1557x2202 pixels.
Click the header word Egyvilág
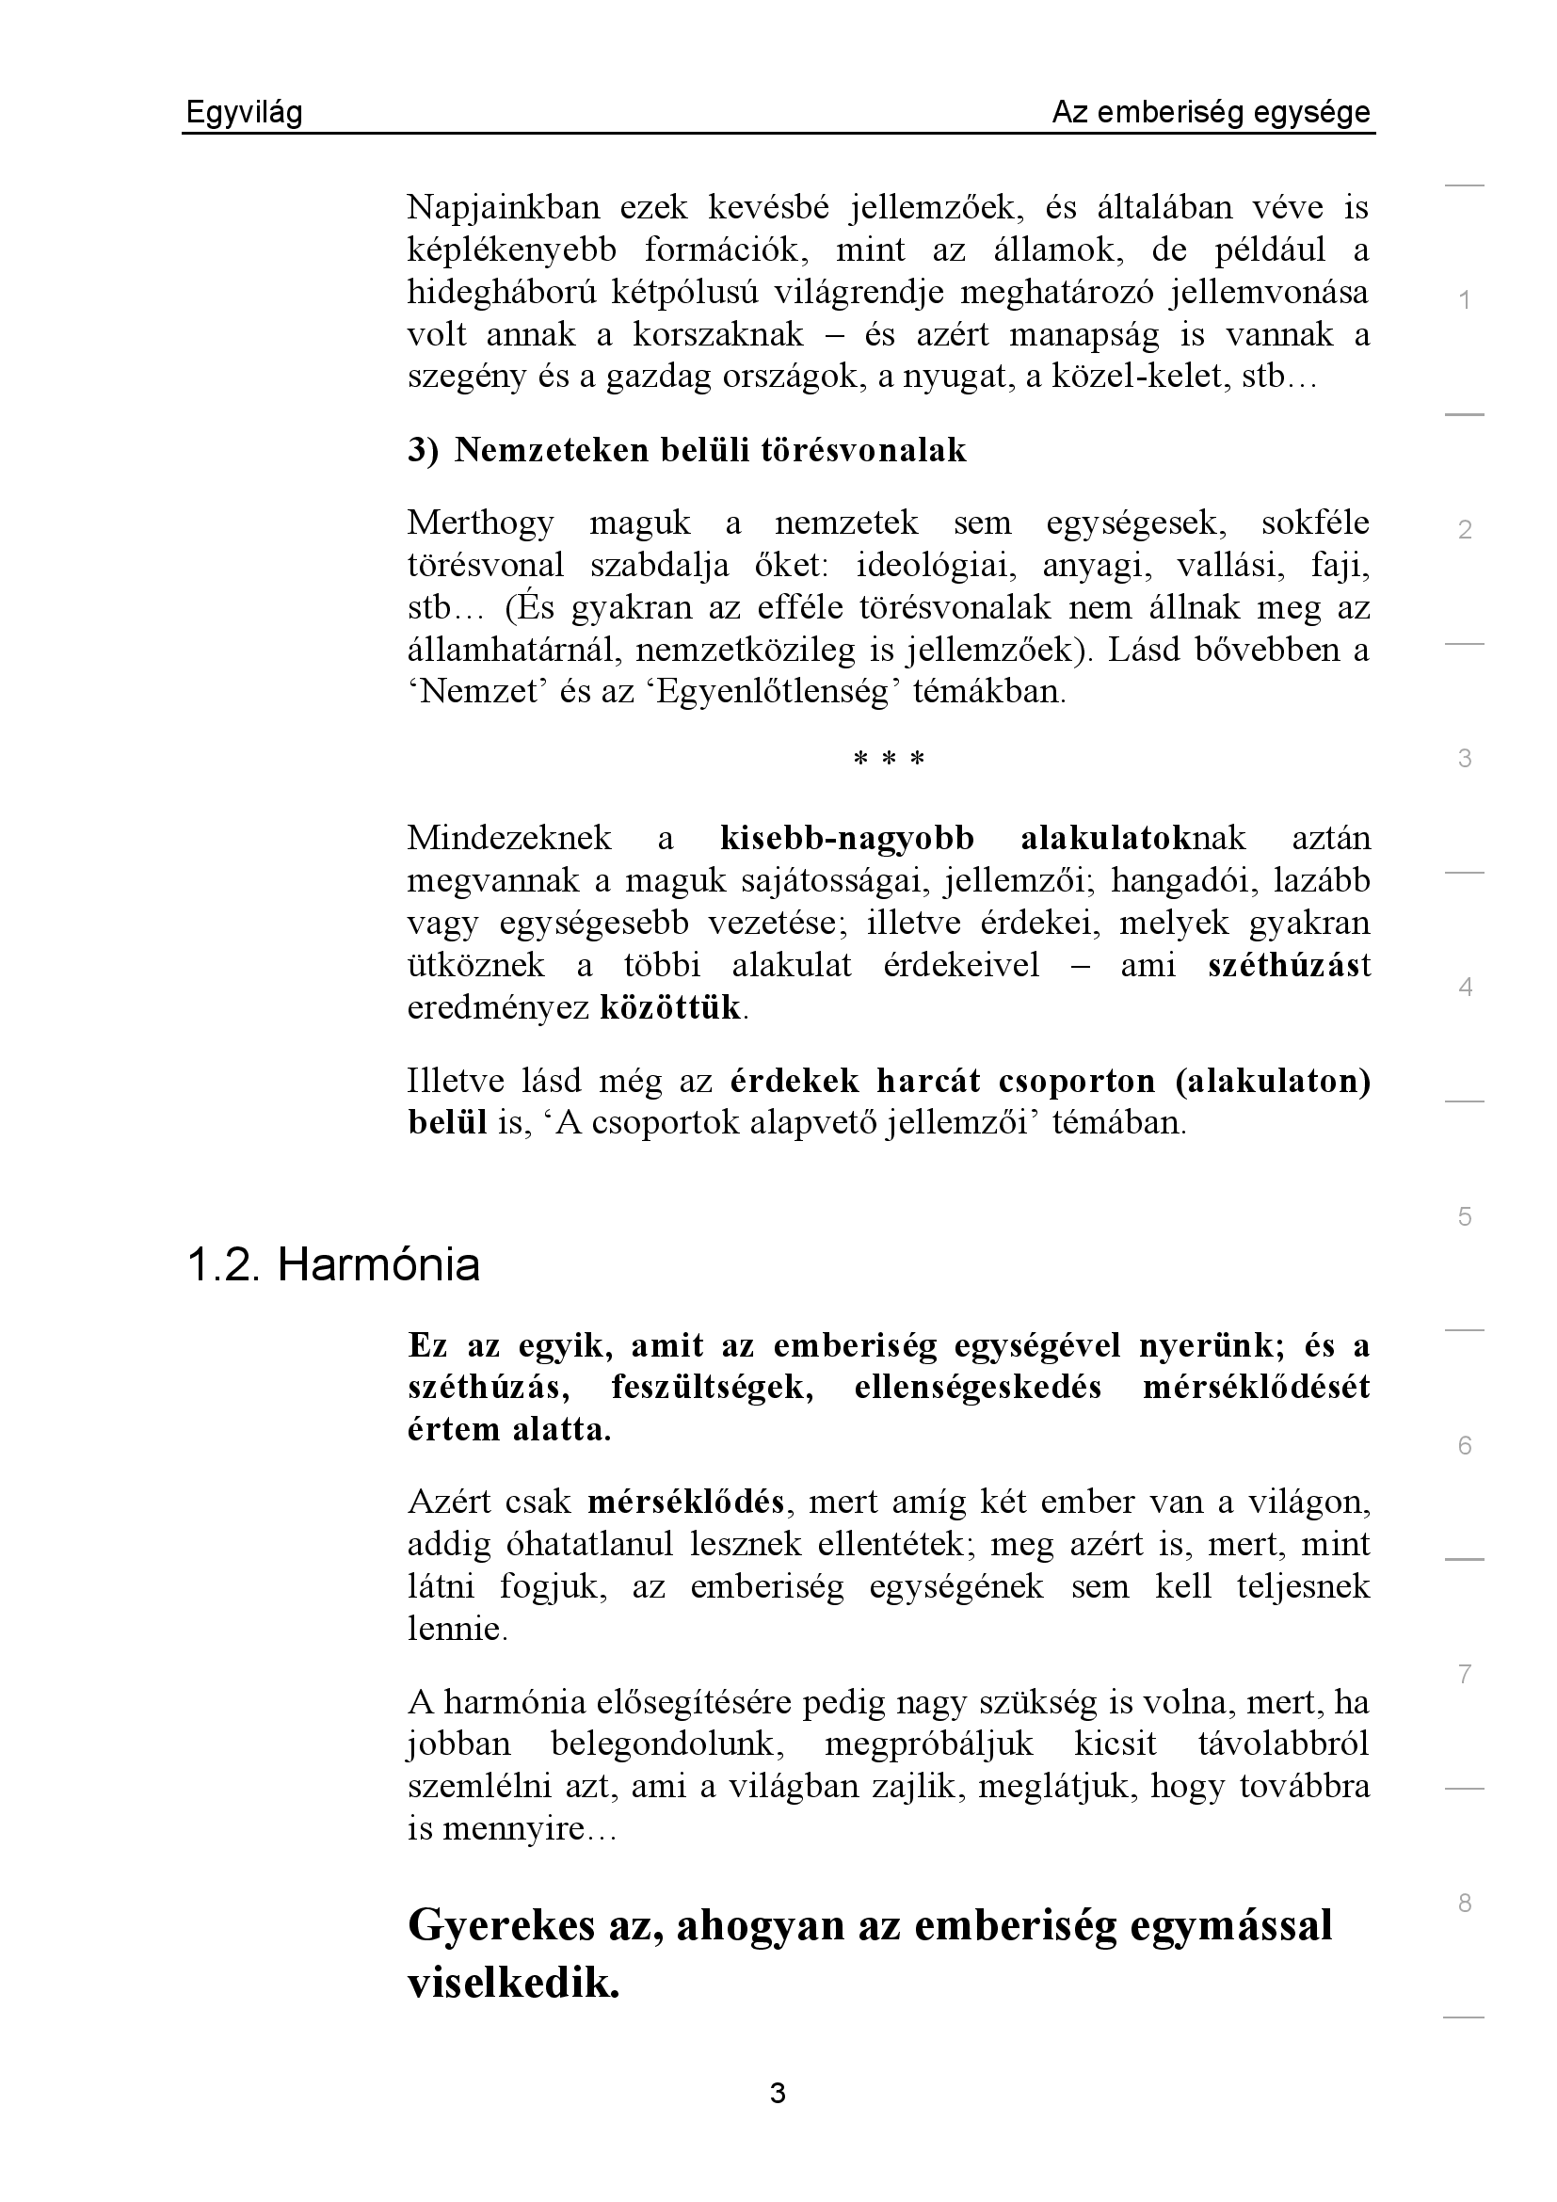point(244,113)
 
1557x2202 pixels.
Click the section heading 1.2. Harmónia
point(332,1265)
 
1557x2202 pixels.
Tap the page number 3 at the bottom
point(778,2093)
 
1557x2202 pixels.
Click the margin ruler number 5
point(1464,1216)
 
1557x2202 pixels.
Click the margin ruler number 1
point(1464,300)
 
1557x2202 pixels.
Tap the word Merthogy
point(480,522)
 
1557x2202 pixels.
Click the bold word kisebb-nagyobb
point(846,838)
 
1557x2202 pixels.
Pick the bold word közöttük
point(670,1007)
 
